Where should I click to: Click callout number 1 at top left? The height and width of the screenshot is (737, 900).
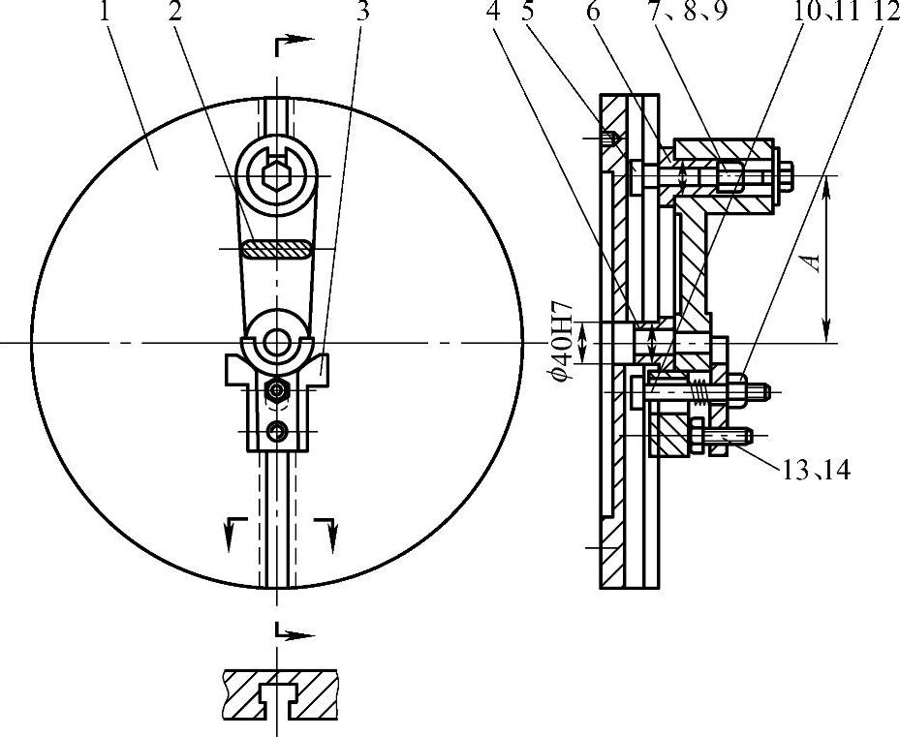(x=105, y=12)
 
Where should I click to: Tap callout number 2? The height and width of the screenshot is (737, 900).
(x=175, y=12)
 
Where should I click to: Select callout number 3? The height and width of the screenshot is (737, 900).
(x=361, y=12)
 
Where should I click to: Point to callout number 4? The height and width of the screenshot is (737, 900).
(x=494, y=12)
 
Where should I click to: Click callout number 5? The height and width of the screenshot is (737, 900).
(x=529, y=12)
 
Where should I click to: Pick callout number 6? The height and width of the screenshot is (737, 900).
(x=593, y=12)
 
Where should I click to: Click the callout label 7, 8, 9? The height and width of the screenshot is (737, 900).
(x=688, y=12)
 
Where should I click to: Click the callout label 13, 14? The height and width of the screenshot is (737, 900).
(x=816, y=471)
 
